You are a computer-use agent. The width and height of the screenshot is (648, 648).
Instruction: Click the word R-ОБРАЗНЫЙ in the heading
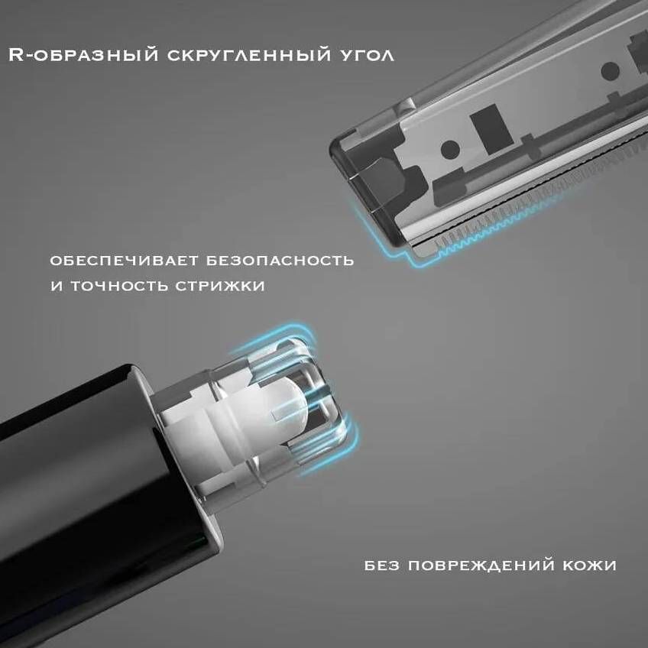coord(83,55)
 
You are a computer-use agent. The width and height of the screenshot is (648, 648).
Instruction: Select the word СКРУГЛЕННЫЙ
coord(249,55)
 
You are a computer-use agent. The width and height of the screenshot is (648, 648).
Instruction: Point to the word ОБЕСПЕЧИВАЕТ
coord(124,261)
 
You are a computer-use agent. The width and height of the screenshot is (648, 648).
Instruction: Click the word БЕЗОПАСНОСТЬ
coord(280,261)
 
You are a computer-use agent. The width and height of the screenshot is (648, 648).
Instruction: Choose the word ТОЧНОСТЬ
coord(118,286)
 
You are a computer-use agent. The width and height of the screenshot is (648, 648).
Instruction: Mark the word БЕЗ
coord(382,565)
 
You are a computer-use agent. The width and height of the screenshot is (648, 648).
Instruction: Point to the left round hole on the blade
coord(449,149)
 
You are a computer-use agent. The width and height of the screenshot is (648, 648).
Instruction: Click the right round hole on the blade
coord(610,71)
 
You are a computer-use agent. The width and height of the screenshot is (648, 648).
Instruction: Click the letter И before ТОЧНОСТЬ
coord(56,286)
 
